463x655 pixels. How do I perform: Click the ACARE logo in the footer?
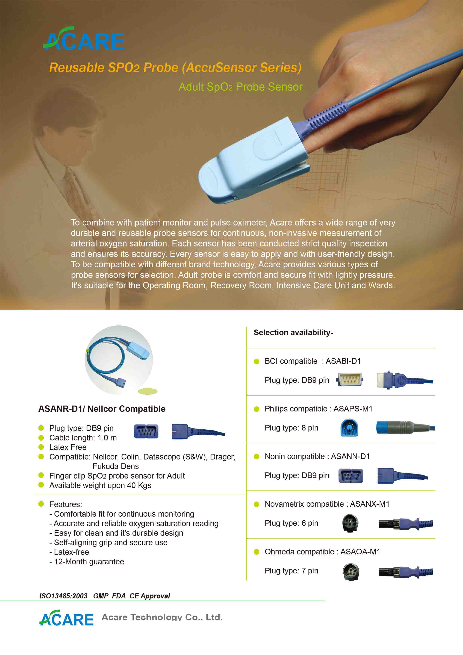66,618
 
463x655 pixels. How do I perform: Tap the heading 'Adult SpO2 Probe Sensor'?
240,87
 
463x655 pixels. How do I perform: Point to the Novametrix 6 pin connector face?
350,523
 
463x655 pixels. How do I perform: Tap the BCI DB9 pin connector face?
349,380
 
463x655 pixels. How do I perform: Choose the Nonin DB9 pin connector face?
351,476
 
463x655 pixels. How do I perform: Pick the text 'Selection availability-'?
293,333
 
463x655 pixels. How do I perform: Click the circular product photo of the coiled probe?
119,360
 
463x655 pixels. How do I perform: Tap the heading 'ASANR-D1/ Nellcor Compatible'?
102,409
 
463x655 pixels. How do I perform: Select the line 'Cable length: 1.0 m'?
83,438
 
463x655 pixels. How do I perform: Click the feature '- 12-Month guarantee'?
87,561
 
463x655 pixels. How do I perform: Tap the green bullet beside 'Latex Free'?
41,447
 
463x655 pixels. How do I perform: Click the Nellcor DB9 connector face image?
146,431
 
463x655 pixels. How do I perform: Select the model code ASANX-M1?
369,504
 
